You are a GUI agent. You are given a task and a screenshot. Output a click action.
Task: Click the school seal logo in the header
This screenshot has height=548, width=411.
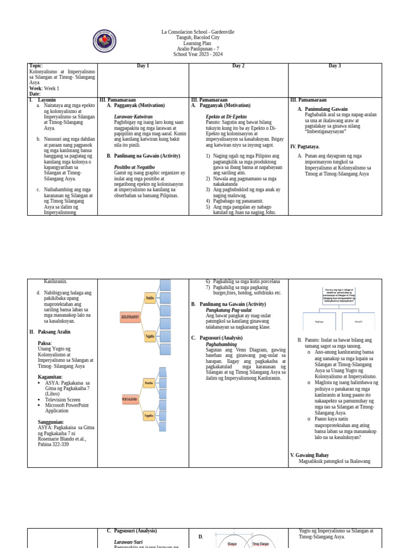click(104, 41)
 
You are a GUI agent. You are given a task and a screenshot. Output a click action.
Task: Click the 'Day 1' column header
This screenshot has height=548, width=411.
click(143, 66)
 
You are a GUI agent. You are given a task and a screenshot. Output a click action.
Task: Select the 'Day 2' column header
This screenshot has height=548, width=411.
click(238, 66)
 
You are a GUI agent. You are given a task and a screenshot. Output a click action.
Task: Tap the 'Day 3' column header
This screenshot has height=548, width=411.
click(334, 66)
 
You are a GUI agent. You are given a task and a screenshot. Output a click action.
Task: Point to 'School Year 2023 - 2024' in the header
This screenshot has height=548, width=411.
click(198, 55)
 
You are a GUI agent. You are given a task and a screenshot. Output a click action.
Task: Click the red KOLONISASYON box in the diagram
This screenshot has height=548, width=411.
click(131, 317)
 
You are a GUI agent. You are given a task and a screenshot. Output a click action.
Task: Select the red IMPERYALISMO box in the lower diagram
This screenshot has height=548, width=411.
click(130, 399)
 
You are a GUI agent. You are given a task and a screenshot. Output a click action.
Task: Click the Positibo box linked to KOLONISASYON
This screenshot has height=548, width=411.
click(150, 298)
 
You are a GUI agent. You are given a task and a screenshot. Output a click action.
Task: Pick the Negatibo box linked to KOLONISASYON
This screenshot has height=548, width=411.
click(150, 337)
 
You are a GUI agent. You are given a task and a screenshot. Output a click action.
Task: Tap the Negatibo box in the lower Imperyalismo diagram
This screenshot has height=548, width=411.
click(149, 415)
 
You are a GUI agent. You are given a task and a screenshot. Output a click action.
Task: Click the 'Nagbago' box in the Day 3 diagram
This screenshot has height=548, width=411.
click(319, 322)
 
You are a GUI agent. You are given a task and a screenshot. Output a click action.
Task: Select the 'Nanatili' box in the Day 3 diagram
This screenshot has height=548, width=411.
click(359, 322)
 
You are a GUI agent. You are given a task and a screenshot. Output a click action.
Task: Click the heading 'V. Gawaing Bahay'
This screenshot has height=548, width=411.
click(310, 455)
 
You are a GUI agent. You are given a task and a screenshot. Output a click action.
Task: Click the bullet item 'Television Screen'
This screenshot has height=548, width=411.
click(63, 400)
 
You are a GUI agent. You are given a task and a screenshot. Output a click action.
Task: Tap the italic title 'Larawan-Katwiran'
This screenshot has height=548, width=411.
click(133, 117)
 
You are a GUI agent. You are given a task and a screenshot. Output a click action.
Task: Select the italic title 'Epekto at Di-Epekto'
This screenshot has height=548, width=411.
click(226, 117)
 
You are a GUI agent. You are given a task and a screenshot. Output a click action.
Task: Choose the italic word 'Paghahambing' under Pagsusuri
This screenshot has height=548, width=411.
click(222, 345)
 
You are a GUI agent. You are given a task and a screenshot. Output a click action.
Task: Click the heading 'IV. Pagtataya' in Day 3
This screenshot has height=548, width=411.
click(305, 147)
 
